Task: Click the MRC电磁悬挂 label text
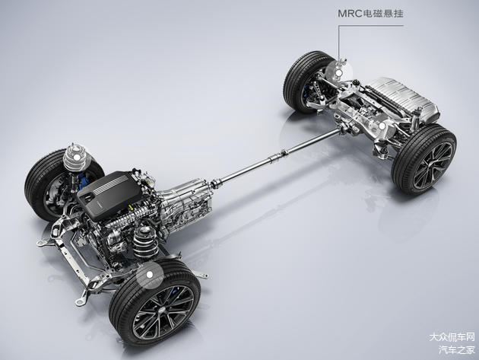point(370,14)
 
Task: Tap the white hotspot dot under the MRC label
point(338,73)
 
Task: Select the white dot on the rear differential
point(381,126)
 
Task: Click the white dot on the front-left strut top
point(77,157)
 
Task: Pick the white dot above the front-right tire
point(149,274)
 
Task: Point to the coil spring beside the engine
point(145,242)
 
